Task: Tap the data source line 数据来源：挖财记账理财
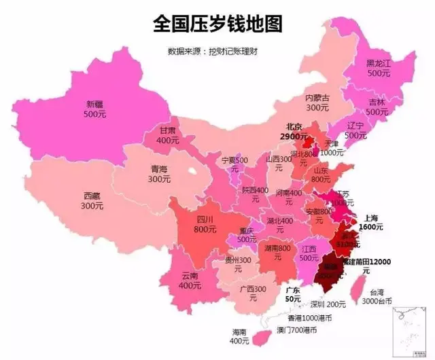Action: pos(217,51)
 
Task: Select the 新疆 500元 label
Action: pos(96,109)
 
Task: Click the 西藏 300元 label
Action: pos(92,200)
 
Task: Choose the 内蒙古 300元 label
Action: pos(317,103)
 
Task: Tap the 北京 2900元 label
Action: pos(294,131)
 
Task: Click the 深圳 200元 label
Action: pos(328,304)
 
